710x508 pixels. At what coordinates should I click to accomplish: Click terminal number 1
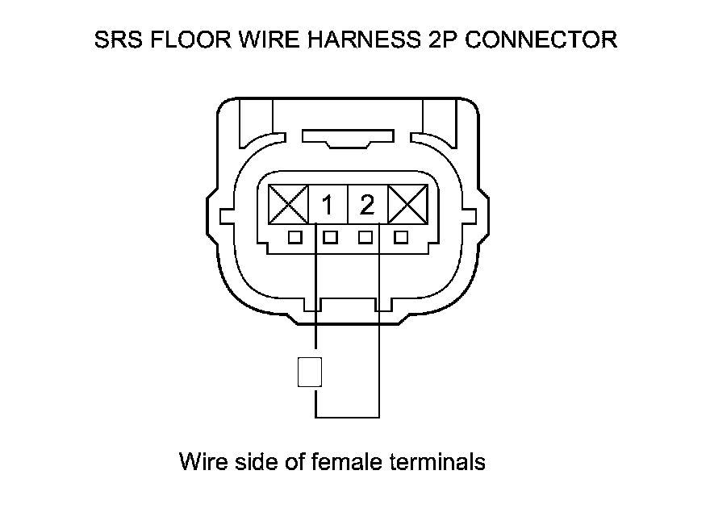click(327, 206)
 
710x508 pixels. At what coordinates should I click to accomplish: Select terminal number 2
click(367, 206)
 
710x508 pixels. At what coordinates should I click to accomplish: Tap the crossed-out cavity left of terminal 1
click(289, 205)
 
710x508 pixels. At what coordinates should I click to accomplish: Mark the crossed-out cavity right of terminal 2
click(408, 205)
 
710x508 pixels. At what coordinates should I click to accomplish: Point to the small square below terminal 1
click(329, 238)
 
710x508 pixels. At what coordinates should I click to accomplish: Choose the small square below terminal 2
click(366, 238)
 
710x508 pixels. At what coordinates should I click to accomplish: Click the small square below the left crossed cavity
click(295, 238)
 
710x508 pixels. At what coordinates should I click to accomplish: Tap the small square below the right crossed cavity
click(401, 238)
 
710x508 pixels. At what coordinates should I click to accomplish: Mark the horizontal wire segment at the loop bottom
click(347, 418)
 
